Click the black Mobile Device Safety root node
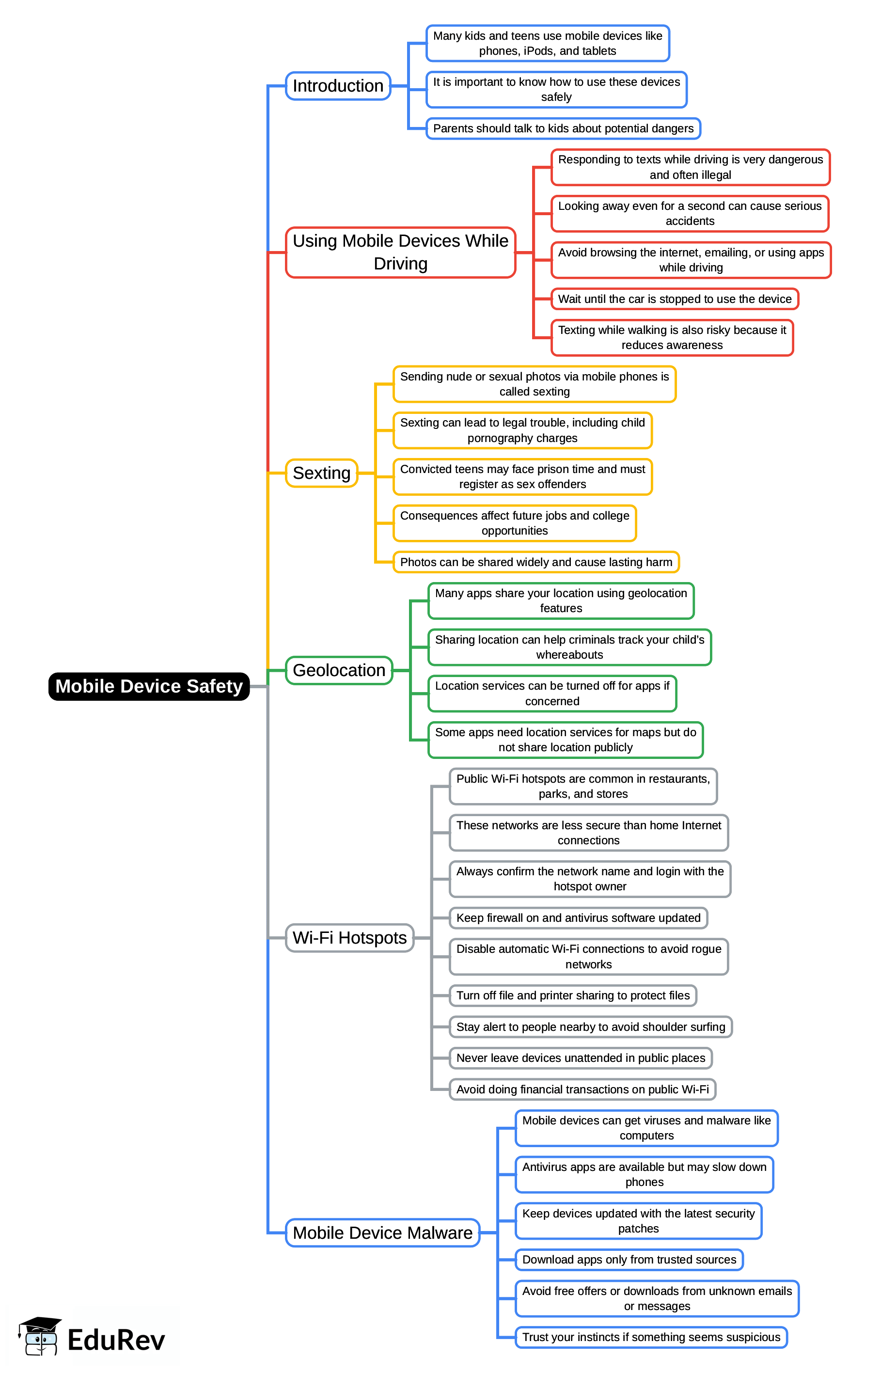[149, 686]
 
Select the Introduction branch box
[338, 86]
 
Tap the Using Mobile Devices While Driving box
[400, 253]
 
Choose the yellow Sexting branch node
[321, 473]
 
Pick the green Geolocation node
[339, 670]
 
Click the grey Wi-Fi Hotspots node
[349, 938]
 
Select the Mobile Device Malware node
[382, 1233]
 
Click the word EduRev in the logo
[116, 1341]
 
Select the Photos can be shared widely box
[535, 562]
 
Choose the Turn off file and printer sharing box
[573, 995]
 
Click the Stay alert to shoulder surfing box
[590, 1027]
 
